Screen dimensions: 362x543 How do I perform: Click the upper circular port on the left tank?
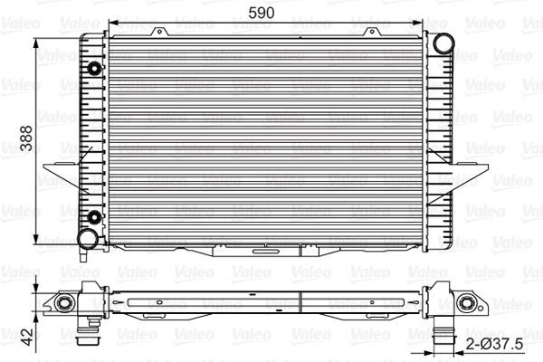click(x=95, y=69)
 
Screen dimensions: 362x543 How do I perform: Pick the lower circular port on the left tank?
click(x=95, y=215)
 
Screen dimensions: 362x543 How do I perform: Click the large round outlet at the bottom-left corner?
click(x=87, y=238)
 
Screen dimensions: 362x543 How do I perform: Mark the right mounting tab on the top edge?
click(x=372, y=33)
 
